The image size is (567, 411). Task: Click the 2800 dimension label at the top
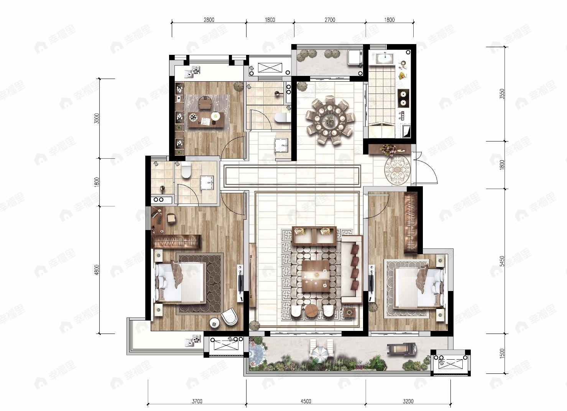pos(209,20)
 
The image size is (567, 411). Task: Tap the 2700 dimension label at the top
pos(330,20)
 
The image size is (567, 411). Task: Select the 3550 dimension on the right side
pos(502,94)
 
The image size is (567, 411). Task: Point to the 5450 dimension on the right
pos(502,261)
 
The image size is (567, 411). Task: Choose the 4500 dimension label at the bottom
pos(306,401)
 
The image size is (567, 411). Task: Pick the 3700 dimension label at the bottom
pos(197,401)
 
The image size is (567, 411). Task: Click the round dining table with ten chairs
pos(330,120)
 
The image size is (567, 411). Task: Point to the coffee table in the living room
pos(316,276)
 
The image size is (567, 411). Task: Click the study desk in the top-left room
pos(206,120)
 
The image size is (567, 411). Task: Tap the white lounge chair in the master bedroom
pos(229,316)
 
